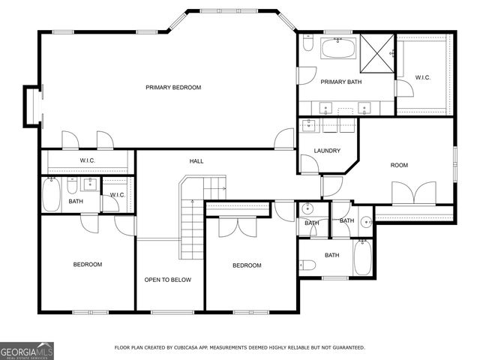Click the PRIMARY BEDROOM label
click(173, 88)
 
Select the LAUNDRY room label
click(328, 150)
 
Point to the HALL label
click(196, 160)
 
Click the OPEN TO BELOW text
click(168, 280)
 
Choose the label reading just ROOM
click(399, 165)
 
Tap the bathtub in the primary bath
click(339, 49)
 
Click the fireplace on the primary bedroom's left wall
click(33, 105)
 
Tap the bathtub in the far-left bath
click(51, 195)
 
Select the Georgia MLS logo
click(27, 350)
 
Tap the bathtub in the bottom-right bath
click(361, 258)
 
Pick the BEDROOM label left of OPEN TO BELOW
click(87, 264)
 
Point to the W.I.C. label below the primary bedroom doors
click(87, 161)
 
